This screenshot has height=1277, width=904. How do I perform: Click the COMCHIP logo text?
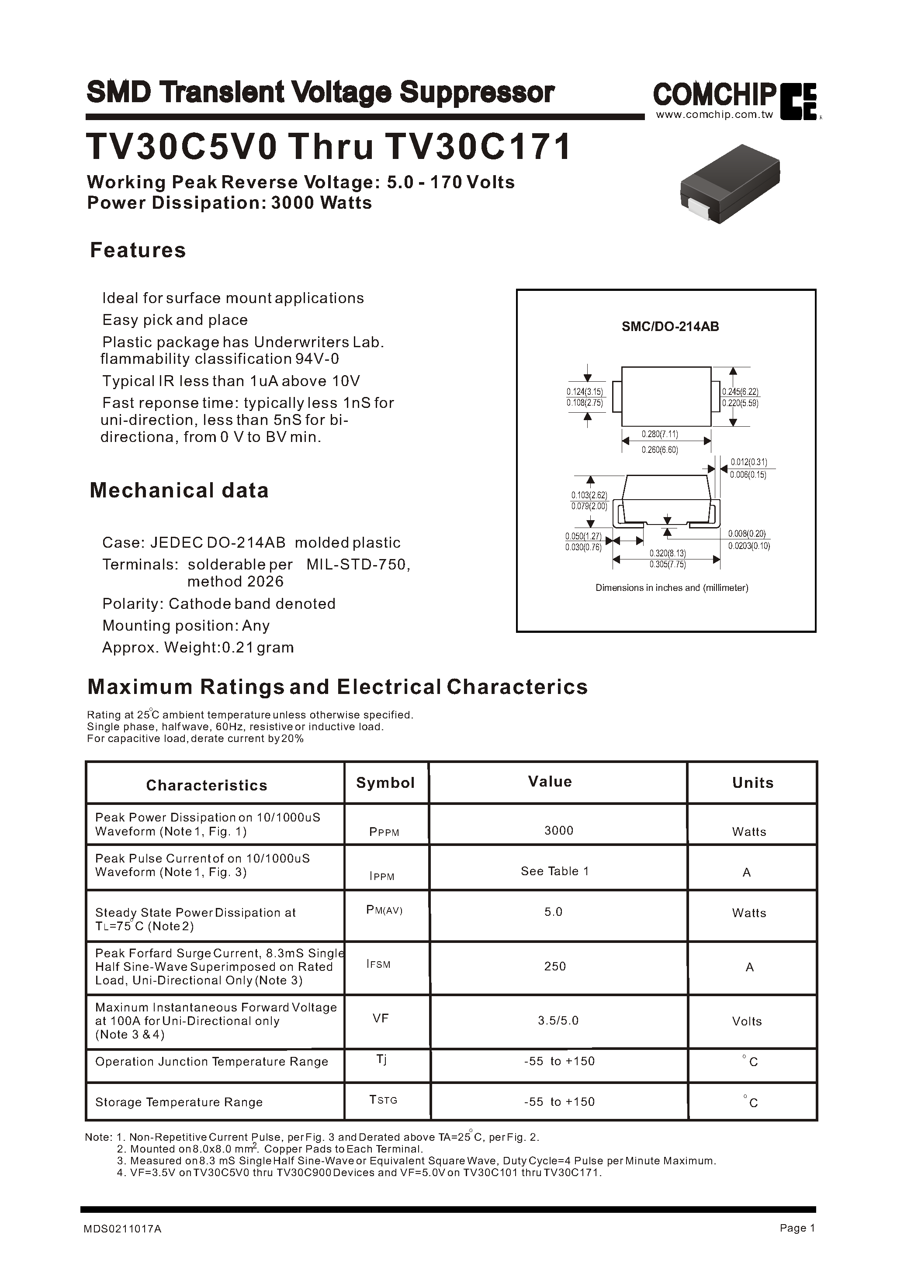click(714, 95)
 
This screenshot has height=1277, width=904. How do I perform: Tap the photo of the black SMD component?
click(730, 185)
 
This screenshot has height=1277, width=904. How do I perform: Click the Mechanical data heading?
click(179, 490)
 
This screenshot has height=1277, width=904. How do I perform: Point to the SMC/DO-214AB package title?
click(670, 327)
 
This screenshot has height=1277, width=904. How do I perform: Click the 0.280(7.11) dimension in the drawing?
click(660, 434)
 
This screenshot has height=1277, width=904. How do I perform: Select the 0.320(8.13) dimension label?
click(668, 553)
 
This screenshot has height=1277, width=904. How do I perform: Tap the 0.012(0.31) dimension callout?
click(749, 462)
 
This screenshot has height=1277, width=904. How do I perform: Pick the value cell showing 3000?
click(558, 830)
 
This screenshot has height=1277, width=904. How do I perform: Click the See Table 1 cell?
click(554, 871)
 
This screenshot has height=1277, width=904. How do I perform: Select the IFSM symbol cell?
click(378, 963)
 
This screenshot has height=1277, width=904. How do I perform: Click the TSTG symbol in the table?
click(383, 1100)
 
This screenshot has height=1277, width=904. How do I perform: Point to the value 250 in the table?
click(554, 966)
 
